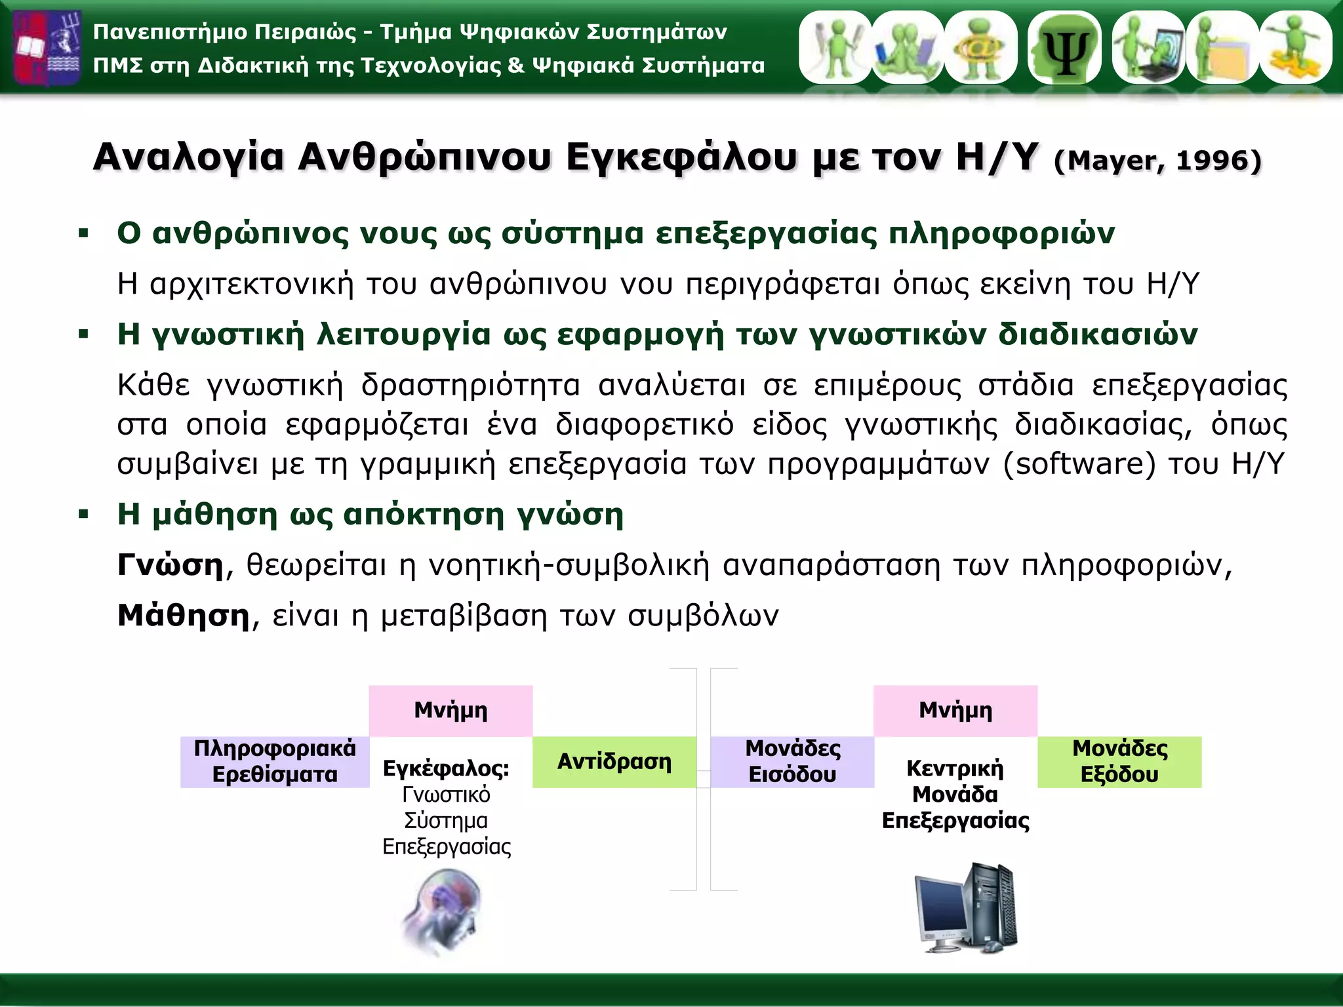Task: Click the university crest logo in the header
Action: pyautogui.click(x=47, y=47)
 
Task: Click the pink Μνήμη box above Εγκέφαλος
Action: pyautogui.click(x=451, y=711)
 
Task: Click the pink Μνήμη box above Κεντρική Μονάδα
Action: pyautogui.click(x=955, y=711)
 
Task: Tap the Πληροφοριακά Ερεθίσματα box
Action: pyautogui.click(x=275, y=762)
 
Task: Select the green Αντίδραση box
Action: pyautogui.click(x=614, y=762)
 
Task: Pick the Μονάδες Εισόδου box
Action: pyautogui.click(x=792, y=762)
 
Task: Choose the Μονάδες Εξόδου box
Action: pyautogui.click(x=1119, y=762)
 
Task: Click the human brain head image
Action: pyautogui.click(x=443, y=911)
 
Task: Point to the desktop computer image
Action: pyautogui.click(x=967, y=908)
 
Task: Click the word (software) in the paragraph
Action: pyautogui.click(x=1079, y=464)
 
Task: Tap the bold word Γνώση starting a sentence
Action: pyautogui.click(x=170, y=565)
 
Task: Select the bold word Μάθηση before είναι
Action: pyautogui.click(x=184, y=616)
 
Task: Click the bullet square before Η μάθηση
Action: pyautogui.click(x=83, y=515)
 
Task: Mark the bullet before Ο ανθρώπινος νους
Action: pyautogui.click(x=83, y=233)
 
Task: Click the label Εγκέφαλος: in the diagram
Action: pyautogui.click(x=446, y=768)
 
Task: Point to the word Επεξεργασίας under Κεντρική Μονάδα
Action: pyautogui.click(x=955, y=821)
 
